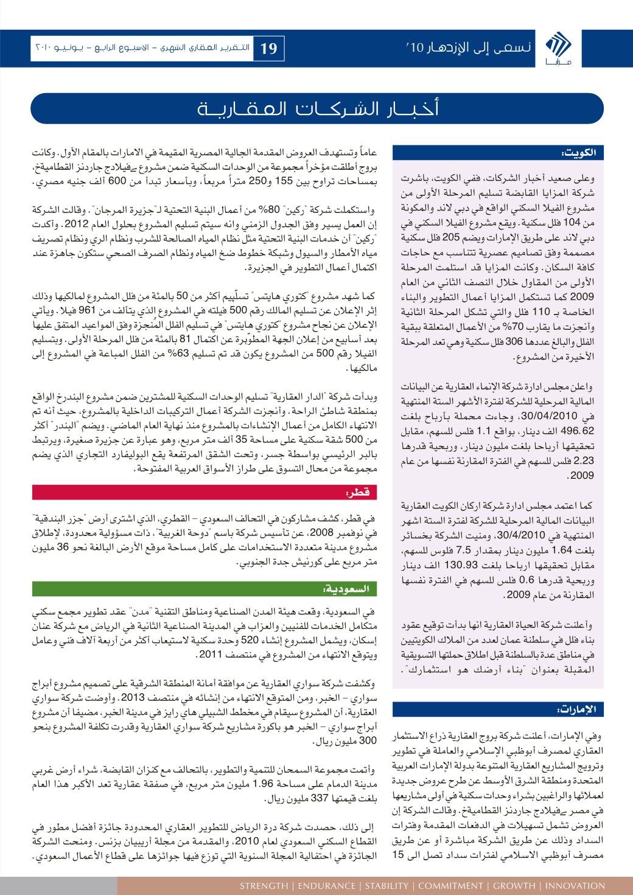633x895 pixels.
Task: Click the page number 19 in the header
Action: click(x=269, y=49)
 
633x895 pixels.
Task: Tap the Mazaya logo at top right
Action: click(x=558, y=48)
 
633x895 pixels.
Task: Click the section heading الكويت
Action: click(x=579, y=153)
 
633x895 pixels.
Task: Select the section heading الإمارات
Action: click(x=576, y=709)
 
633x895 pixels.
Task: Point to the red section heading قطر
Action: click(x=357, y=492)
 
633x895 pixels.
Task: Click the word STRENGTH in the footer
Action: click(x=264, y=886)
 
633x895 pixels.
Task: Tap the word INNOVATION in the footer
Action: click(x=575, y=886)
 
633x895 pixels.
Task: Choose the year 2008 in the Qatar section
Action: click(x=322, y=532)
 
